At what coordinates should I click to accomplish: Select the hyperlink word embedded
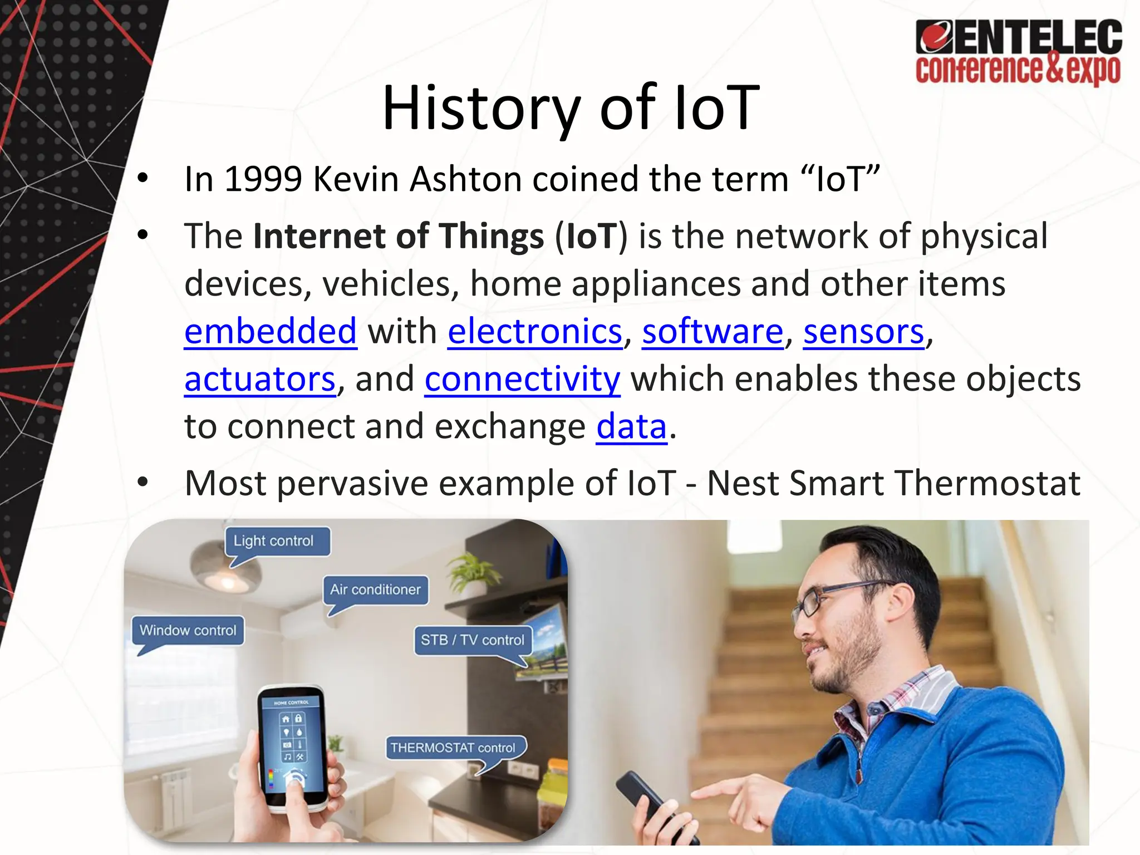(x=271, y=331)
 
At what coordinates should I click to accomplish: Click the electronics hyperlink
(x=535, y=331)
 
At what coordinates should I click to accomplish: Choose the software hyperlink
(x=712, y=331)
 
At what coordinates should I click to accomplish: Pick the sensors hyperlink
(x=863, y=331)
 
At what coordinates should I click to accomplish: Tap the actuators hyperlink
(x=260, y=379)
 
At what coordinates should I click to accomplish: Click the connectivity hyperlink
(x=522, y=379)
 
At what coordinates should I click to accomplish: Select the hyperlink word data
(x=631, y=426)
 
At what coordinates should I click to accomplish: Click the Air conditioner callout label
(x=375, y=589)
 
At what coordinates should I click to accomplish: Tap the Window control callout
(x=188, y=630)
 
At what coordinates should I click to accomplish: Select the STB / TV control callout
(x=472, y=640)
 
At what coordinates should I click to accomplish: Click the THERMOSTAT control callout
(x=453, y=748)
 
